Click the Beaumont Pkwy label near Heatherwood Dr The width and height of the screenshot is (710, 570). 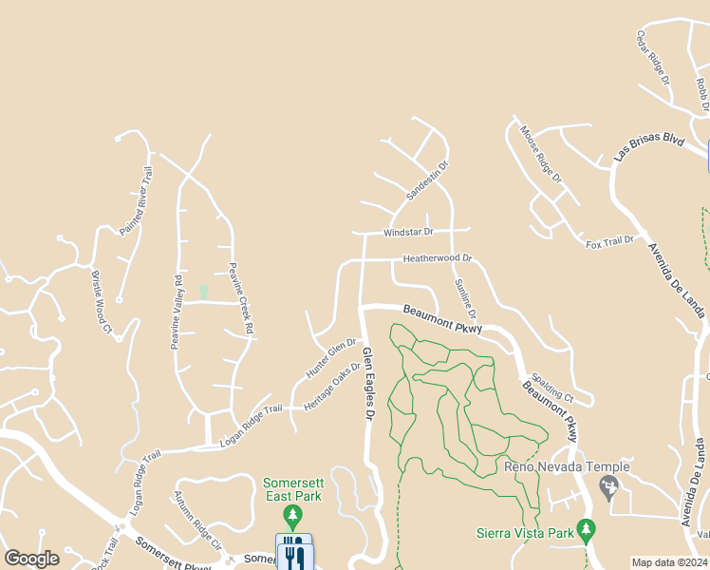pos(442,319)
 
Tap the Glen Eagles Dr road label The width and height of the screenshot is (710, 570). pos(368,385)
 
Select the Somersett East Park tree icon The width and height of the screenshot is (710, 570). pos(293,518)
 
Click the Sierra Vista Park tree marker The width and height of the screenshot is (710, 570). pos(587,528)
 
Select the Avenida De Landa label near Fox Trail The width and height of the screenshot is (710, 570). pos(677,282)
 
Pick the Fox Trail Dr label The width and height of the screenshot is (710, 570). pos(609,242)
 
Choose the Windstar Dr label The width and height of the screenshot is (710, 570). pos(408,232)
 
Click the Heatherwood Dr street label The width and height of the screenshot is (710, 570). pos(438,258)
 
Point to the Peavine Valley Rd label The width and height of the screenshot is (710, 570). pos(176,313)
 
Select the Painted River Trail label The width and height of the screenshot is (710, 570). pos(136,200)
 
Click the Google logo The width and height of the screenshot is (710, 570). pos(31,559)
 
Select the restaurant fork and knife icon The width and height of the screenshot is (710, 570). pos(293,553)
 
